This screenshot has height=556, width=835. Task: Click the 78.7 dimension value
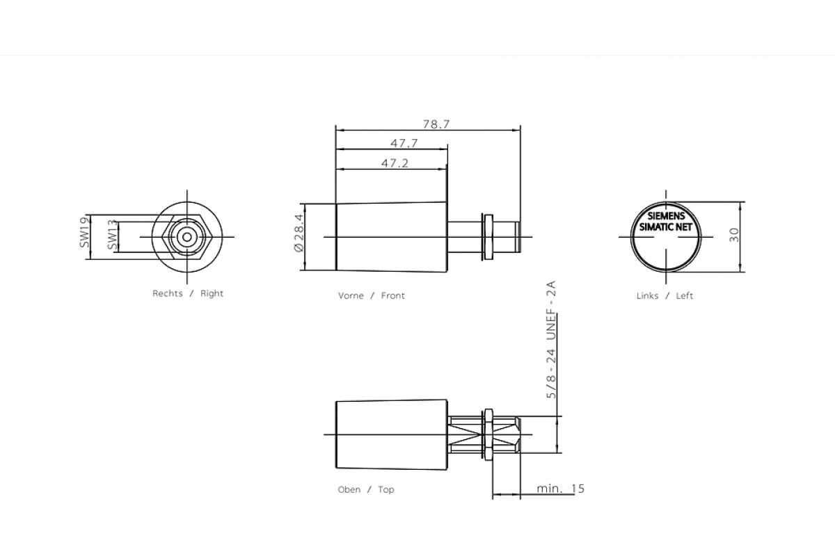[436, 124]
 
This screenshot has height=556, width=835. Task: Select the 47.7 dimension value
[404, 144]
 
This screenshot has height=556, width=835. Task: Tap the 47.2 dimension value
[395, 163]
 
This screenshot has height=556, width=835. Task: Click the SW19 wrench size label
[84, 232]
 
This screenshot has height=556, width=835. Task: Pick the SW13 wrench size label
[112, 236]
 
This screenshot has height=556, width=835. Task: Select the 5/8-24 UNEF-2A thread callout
[551, 341]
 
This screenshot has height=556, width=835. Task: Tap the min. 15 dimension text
[560, 489]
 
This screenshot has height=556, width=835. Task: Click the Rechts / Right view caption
[188, 293]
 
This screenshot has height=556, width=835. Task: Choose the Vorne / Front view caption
[371, 295]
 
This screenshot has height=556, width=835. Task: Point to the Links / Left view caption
[665, 295]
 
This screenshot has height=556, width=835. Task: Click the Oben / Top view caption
[366, 489]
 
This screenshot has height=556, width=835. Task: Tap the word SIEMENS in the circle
[666, 216]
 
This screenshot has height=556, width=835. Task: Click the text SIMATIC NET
[666, 227]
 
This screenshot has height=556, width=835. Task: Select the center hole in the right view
[186, 236]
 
